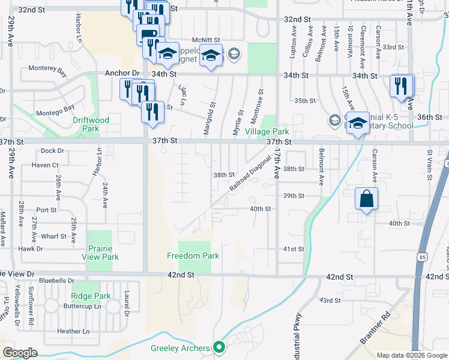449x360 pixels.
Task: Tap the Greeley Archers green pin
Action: coord(219,347)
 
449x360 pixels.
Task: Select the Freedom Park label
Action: coord(193,256)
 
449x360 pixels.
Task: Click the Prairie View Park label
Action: coord(100,253)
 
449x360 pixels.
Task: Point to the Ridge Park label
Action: coord(91,296)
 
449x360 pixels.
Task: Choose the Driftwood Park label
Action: coord(91,124)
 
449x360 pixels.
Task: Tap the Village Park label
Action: coord(267,131)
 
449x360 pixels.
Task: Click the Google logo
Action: coord(19,353)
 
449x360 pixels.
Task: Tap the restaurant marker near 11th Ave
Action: coord(401,86)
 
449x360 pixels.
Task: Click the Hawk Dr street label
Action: coord(31,248)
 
